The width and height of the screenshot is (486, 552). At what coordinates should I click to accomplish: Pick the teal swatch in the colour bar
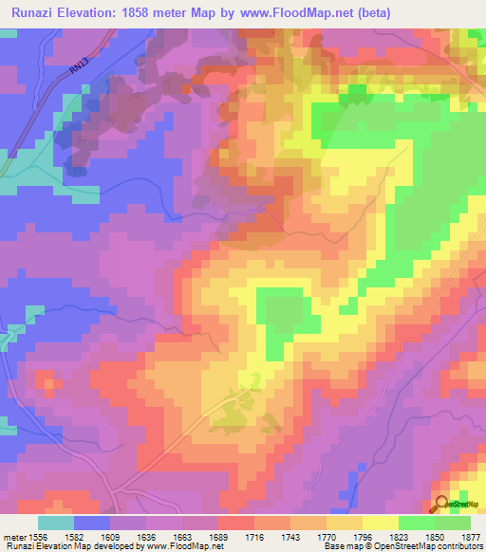56,523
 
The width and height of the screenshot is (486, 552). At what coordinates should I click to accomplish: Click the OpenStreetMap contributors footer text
432,546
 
